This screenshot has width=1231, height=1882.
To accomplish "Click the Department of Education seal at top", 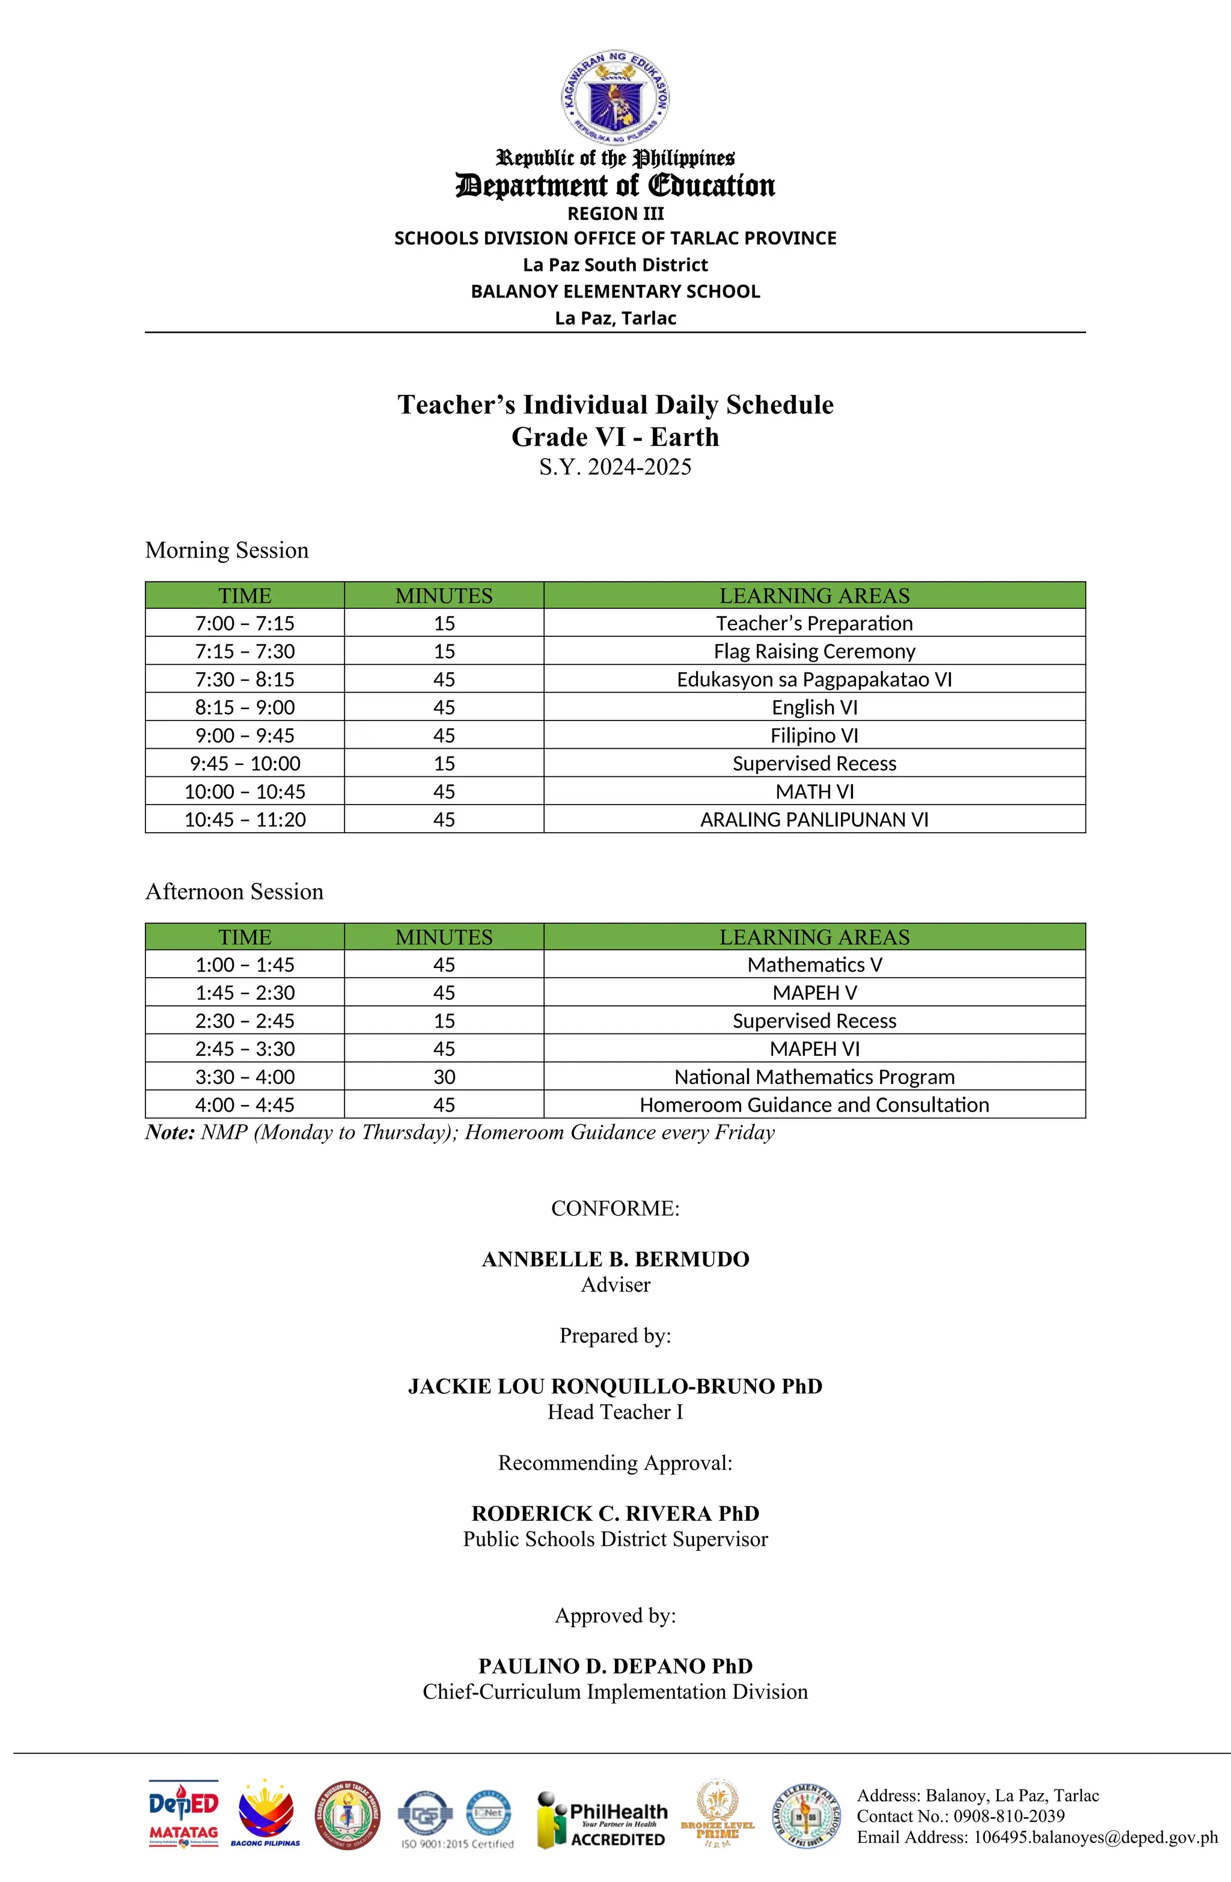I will pos(615,96).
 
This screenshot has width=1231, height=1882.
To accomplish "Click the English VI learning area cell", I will pos(813,707).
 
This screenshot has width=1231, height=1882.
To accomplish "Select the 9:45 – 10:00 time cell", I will pos(245,763).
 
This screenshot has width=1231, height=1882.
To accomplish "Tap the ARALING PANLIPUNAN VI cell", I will pos(813,819).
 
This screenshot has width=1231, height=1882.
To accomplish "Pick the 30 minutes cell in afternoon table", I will pos(444,1076).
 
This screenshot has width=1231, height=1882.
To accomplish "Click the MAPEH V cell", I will pos(813,993).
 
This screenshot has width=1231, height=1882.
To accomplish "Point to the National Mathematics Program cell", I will pos(813,1076).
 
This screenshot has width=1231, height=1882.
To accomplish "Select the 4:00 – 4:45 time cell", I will pos(245,1104).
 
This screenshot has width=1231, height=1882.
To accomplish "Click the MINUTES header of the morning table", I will pos(444,595).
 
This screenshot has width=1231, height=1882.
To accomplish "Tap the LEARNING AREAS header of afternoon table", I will pos(813,937).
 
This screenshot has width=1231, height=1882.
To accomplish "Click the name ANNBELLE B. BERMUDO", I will pos(615,1259).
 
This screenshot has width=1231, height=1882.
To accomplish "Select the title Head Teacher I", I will pos(615,1411).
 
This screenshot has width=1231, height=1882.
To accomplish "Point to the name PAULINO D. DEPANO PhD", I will pos(615,1665).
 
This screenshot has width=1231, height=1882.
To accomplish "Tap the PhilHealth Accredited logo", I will pos(601,1820).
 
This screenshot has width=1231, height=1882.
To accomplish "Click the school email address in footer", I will pos(1036,1838).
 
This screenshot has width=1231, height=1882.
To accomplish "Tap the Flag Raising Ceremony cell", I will pos(813,651).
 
